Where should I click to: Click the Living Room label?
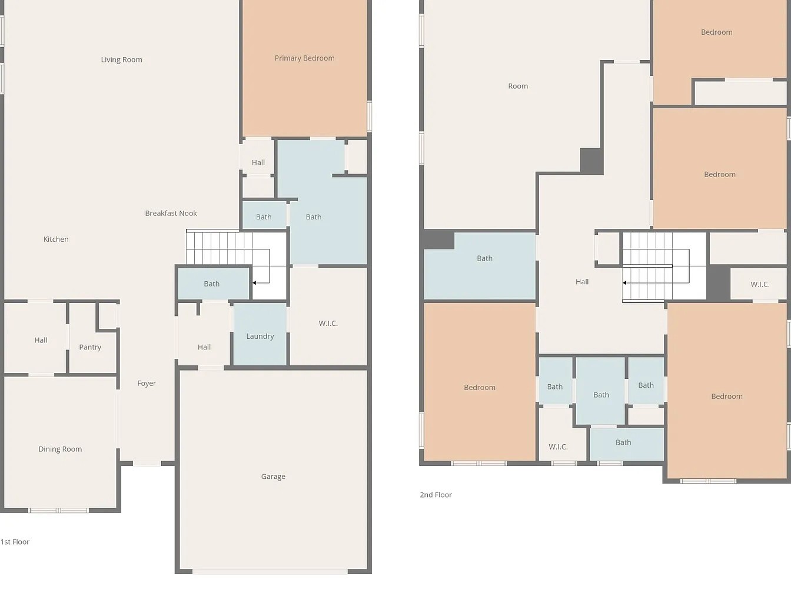121,60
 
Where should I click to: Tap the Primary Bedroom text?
304,58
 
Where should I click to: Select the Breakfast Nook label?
171,213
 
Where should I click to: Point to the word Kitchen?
56,239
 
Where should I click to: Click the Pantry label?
90,347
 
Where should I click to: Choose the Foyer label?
147,384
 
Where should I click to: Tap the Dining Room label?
60,449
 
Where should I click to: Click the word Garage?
273,477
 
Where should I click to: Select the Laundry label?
260,337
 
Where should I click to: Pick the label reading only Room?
518,86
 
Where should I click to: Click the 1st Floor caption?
15,542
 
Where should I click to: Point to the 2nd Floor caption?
436,495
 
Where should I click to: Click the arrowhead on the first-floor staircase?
254,283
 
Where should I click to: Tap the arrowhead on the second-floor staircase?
624,283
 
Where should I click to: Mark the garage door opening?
270,571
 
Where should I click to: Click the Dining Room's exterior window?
58,510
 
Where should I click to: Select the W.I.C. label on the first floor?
328,324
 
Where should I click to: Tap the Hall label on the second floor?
582,282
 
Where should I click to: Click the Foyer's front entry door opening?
147,464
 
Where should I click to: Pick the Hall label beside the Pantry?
41,340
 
